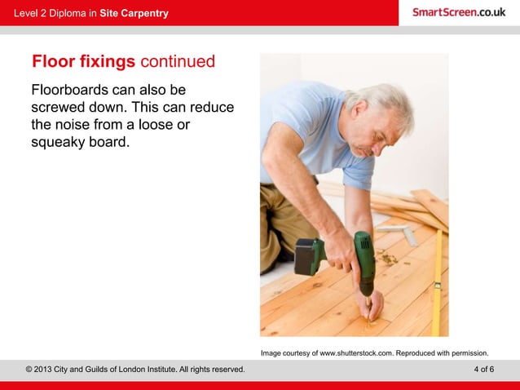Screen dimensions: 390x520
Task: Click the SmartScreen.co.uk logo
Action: point(458,12)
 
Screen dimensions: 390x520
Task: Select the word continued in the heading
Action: point(178,62)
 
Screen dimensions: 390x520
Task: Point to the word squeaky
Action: point(63,143)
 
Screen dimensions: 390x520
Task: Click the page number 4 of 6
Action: point(483,370)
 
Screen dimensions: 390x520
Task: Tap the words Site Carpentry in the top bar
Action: point(134,13)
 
